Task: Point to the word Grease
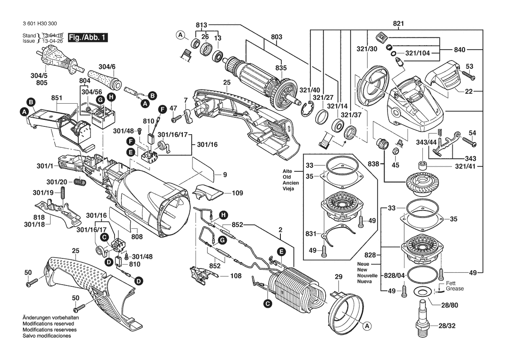click(x=455, y=289)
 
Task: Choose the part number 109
click(x=237, y=193)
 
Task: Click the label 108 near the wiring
click(x=236, y=276)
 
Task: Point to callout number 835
click(x=281, y=68)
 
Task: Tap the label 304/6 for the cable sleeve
click(x=107, y=67)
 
